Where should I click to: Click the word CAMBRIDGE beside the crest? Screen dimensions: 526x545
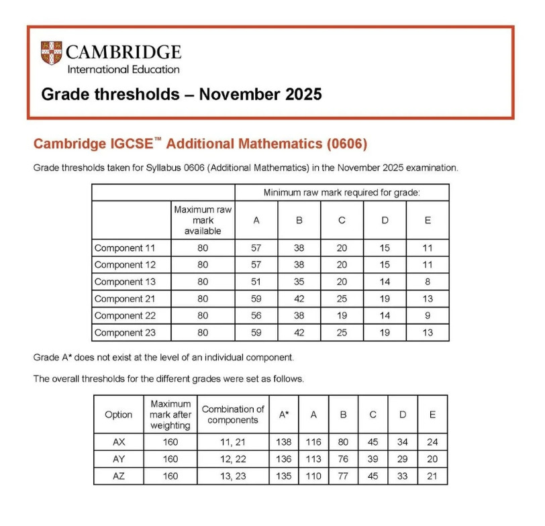123,52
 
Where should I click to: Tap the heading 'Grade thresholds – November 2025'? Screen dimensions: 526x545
181,94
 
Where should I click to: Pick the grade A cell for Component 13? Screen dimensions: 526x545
256,282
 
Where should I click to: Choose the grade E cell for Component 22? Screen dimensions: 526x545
428,315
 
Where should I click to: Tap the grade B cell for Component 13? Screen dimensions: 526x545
299,282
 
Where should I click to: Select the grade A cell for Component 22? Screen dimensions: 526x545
256,315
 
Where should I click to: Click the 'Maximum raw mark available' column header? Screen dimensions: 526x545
203,220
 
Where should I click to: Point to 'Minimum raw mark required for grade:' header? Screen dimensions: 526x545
342,193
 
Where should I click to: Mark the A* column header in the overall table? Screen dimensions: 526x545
284,415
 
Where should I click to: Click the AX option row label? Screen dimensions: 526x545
119,442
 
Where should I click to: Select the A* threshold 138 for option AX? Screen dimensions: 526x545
284,442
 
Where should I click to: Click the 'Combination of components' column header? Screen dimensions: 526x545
233,415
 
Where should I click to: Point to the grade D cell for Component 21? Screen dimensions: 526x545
385,299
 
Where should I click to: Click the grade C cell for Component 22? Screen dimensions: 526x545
342,315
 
